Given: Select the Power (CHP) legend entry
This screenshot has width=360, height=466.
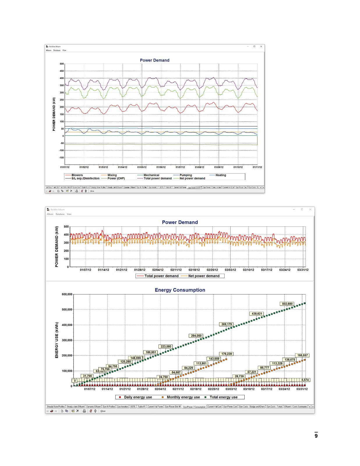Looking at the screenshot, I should point(116,179).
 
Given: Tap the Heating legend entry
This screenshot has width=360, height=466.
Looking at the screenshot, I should point(220,175).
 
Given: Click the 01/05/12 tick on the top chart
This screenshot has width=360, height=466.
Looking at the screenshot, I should point(142,167).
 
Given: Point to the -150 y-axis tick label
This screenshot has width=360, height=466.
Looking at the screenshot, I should point(61,158).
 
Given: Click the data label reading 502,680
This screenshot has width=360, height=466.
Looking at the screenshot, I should point(287,304).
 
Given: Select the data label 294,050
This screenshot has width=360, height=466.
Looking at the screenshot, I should point(196,336).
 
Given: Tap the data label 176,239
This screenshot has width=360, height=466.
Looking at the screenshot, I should point(227,354).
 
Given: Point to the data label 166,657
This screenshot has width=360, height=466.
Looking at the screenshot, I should point(302,355).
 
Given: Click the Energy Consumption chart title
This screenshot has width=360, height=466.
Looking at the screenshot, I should point(180,290).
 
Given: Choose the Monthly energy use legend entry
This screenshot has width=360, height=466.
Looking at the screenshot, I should point(183,397).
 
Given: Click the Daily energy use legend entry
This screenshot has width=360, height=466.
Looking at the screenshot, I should point(138,397).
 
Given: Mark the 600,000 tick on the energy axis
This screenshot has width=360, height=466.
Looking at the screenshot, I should point(67,294).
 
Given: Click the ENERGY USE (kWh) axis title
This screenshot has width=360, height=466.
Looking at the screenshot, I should point(57,340).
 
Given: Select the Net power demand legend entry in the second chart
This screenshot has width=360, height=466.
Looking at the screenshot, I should point(204,276).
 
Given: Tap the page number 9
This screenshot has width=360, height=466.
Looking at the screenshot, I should point(316,436).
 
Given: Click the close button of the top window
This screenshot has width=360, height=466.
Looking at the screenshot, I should point(261,47).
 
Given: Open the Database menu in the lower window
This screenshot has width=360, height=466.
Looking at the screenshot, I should point(60,214).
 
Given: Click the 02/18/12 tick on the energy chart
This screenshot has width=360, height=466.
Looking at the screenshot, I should point(196,389).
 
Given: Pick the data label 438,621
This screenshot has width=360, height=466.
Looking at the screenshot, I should point(257,314).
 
